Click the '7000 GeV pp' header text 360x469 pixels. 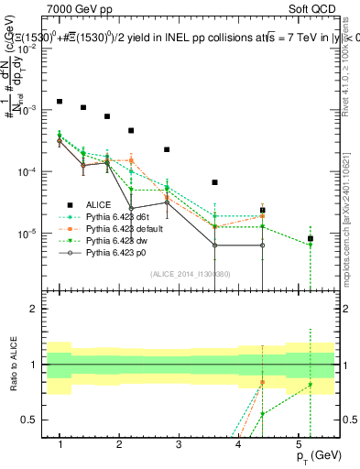(x=78, y=8)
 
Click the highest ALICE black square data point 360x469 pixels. (x=60, y=102)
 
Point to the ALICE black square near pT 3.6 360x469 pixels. (x=214, y=182)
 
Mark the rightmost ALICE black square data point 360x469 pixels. (x=311, y=238)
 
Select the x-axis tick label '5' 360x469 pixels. (x=299, y=444)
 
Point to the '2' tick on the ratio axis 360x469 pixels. (x=37, y=309)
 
